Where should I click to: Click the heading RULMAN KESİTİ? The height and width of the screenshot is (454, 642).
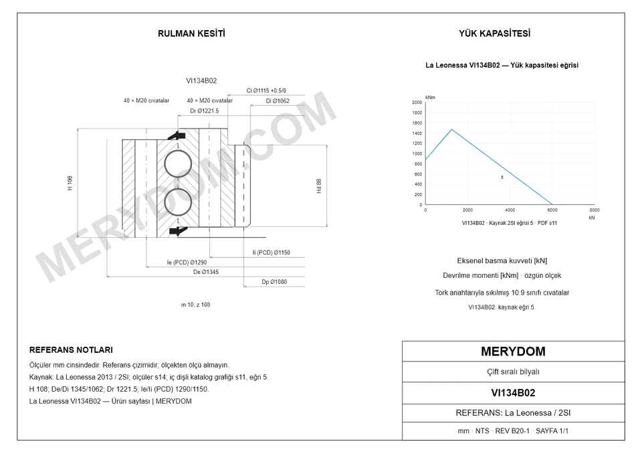[191, 33]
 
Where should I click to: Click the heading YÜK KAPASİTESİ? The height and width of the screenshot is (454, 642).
[494, 33]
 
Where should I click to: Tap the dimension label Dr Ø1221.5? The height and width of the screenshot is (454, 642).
[205, 110]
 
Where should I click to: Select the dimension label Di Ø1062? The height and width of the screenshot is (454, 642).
[277, 101]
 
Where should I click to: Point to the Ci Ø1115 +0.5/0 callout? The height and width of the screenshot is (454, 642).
[266, 90]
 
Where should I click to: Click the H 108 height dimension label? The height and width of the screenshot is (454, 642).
[70, 183]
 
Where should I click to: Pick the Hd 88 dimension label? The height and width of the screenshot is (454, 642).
[319, 186]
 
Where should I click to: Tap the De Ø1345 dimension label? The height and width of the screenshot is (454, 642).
[205, 272]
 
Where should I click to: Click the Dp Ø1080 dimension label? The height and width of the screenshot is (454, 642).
[274, 282]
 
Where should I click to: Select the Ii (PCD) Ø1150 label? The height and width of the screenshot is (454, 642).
[271, 252]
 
